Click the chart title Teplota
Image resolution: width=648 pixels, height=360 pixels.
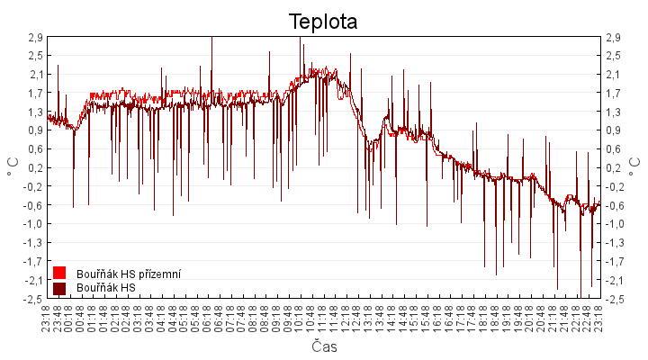click(x=323, y=21)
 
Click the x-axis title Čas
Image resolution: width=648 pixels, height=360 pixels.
click(x=323, y=346)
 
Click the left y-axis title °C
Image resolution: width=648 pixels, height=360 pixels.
click(x=12, y=167)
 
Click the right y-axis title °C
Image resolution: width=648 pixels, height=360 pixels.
click(x=636, y=167)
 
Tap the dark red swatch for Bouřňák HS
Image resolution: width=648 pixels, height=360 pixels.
click(x=60, y=288)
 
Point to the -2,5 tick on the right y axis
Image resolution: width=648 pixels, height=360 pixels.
click(x=616, y=299)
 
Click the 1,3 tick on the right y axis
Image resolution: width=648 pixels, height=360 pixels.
click(x=616, y=112)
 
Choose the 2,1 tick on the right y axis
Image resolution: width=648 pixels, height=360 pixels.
click(x=616, y=75)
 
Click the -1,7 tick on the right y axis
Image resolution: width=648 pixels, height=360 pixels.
click(x=616, y=261)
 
